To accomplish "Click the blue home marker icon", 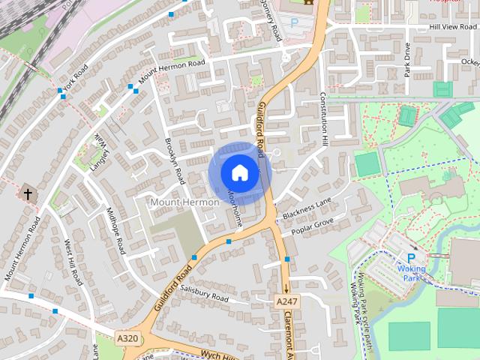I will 239,172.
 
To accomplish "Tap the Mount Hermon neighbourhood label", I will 184,202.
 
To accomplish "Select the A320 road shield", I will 128,338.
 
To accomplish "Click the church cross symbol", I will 28,193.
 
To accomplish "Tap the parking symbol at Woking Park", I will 411,258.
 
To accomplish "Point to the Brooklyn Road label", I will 175,160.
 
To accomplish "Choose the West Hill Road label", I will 73,262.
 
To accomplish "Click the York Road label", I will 76,77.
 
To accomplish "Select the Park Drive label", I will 407,59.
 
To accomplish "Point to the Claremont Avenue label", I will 289,330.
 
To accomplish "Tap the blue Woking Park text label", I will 411,273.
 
